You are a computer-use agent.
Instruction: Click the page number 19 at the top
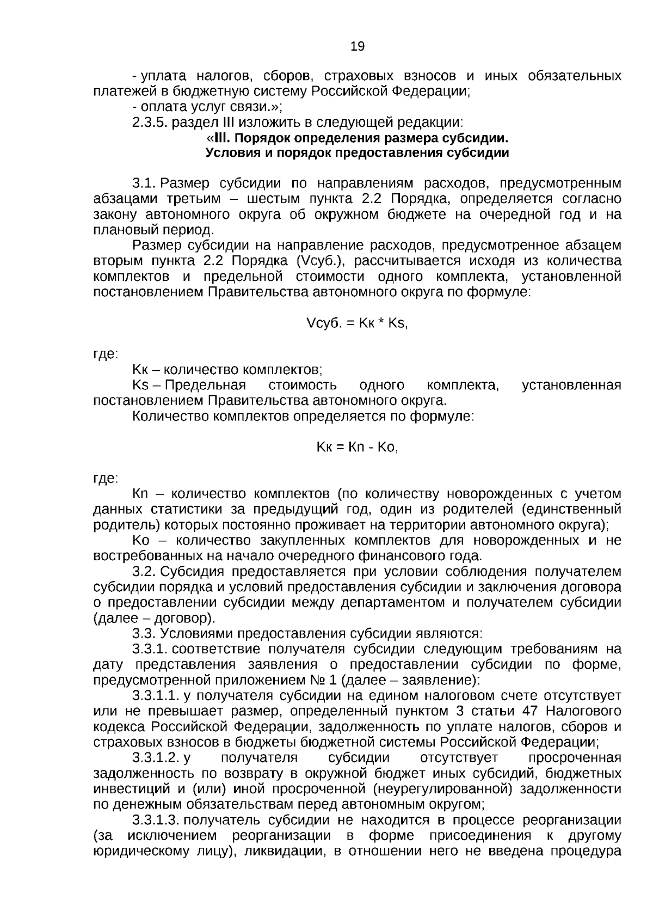[358, 46]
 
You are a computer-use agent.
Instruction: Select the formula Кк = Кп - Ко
[358, 448]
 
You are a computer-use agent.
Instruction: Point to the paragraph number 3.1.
[144, 183]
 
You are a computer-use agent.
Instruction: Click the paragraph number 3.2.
[144, 572]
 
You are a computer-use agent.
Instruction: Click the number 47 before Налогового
[531, 712]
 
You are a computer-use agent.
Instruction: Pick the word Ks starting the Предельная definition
[140, 385]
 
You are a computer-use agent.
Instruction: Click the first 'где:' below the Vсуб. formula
[105, 354]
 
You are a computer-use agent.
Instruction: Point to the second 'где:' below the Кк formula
[105, 479]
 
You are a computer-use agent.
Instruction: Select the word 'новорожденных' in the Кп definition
[494, 494]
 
